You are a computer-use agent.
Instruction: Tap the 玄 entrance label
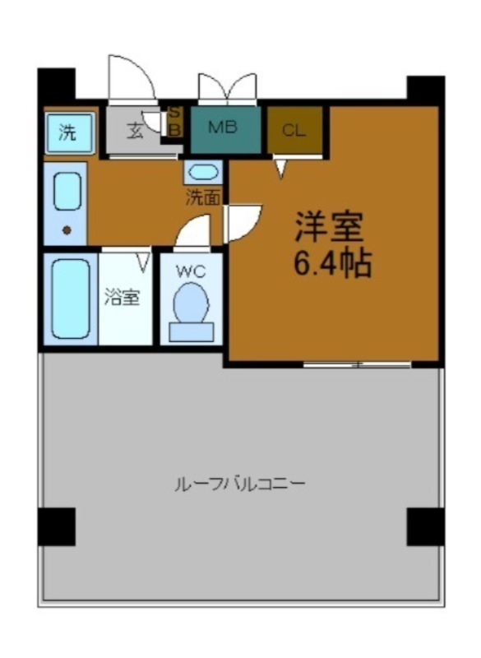tap(135, 130)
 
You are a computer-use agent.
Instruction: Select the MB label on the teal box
tap(223, 128)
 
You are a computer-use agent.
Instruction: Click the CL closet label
tap(293, 130)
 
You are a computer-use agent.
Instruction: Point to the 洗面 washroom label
tap(203, 197)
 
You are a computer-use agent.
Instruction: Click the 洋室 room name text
tap(329, 224)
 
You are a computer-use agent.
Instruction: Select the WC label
tap(191, 269)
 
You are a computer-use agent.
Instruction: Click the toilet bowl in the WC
tap(191, 305)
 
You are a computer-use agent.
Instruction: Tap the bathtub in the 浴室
tap(69, 298)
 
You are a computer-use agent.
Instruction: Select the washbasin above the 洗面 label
tap(202, 173)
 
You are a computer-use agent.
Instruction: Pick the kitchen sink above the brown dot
tap(66, 191)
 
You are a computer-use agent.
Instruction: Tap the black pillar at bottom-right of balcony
tap(426, 527)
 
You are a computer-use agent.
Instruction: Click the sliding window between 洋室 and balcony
tap(357, 364)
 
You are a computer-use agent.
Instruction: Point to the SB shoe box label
tap(174, 123)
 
